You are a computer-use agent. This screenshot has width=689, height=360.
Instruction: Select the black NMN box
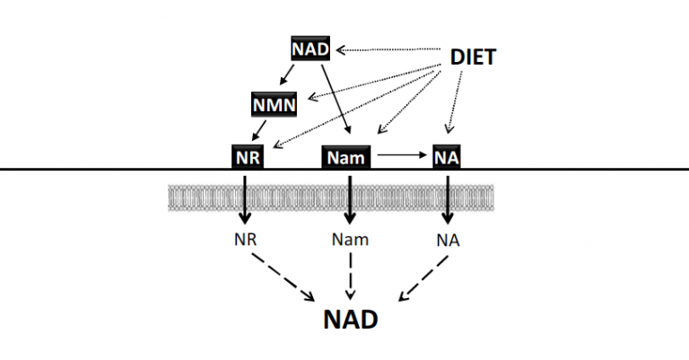271,105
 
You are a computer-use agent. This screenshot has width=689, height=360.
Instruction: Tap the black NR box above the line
246,156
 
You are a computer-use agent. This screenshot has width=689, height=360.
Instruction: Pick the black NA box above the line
448,156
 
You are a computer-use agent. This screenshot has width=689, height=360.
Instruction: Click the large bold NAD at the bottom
350,320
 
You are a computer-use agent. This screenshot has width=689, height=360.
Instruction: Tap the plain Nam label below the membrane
350,240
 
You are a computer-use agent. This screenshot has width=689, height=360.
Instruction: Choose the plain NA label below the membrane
448,240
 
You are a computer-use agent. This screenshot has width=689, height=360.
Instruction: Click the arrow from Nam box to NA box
402,156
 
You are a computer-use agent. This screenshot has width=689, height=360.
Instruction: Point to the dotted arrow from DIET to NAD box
386,50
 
